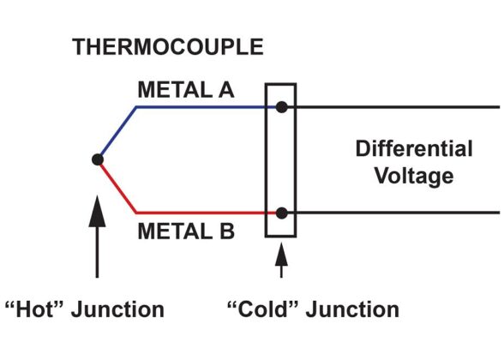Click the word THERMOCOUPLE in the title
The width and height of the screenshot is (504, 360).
168,47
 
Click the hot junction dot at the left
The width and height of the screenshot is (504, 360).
98,159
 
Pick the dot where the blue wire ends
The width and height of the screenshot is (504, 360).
281,107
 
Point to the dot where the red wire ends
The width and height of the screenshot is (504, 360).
281,213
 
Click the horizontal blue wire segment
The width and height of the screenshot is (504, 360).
206,107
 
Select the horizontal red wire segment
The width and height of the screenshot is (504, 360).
206,213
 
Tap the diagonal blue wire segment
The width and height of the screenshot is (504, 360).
117,133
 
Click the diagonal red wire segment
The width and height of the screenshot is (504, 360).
117,186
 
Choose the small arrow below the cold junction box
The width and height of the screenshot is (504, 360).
281,261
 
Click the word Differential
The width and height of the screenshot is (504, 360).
414,149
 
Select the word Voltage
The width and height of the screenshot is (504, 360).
414,177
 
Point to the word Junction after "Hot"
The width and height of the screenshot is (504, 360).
118,309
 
